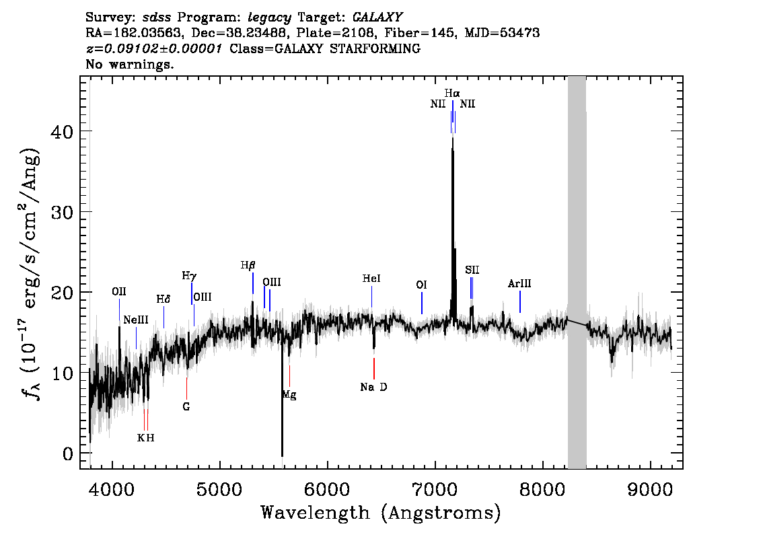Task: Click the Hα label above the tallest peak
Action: coord(452,93)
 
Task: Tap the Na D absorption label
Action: coord(373,388)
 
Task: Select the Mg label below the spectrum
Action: coord(289,395)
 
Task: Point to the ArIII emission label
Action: coord(519,284)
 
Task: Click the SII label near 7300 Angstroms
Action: coord(472,270)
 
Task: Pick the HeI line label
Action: coord(371,279)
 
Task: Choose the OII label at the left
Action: coord(118,291)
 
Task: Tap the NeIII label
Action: coord(136,320)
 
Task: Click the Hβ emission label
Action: coord(248,266)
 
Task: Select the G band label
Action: coord(186,407)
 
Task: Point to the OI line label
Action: coord(421,285)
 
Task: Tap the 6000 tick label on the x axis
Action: coord(327,490)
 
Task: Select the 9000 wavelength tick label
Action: coord(649,490)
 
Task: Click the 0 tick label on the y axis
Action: coord(68,454)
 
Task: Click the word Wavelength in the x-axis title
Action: coord(316,513)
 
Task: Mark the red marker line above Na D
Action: coord(373,369)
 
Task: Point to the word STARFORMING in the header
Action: coord(375,48)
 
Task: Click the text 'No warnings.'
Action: coord(129,64)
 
